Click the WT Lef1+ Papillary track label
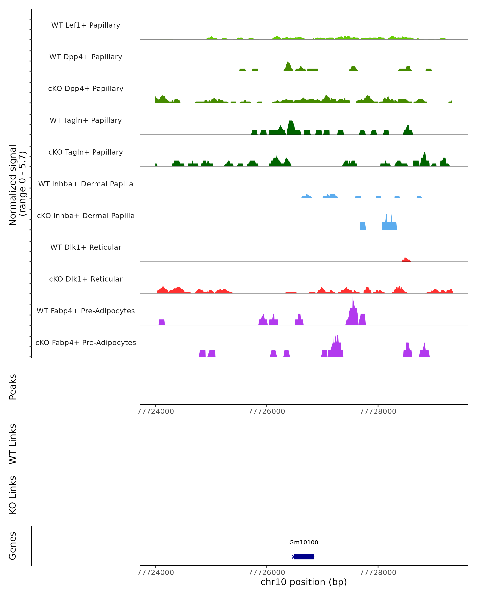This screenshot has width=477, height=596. pos(86,25)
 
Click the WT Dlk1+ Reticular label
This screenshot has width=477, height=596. pos(86,247)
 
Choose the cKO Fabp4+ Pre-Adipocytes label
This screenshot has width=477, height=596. pos(86,343)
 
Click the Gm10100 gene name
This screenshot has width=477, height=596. pos(304,542)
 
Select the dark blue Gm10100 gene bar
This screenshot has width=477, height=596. pos(304,556)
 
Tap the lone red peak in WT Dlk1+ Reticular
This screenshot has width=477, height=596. pos(406,260)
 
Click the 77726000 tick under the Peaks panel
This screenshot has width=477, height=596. pos(267,411)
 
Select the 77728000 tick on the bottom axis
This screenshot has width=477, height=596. pos(378,573)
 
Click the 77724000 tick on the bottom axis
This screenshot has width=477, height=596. pos(155,573)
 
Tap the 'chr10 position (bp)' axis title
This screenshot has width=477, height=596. pos(304,582)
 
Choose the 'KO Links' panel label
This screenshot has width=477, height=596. pos(13,495)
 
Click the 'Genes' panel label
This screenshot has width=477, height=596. pos(13,546)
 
